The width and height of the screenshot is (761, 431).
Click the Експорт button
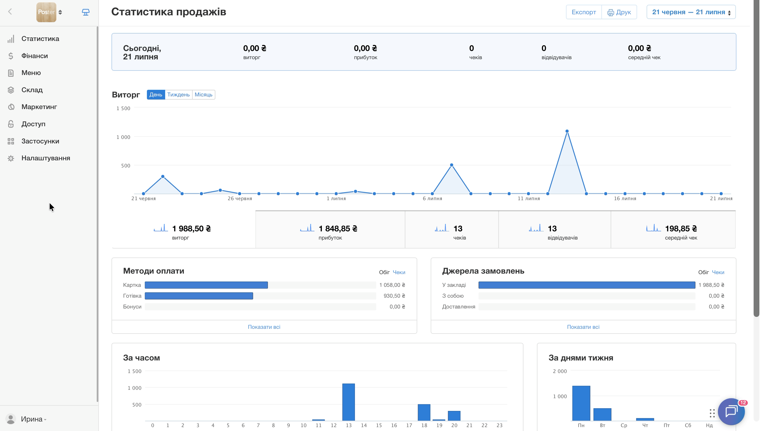coord(584,12)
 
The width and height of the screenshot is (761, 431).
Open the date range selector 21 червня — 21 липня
coord(691,12)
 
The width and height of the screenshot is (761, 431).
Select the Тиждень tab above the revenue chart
coord(178,95)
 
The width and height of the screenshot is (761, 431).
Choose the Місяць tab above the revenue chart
coord(203,95)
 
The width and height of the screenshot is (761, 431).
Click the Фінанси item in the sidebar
coord(34,56)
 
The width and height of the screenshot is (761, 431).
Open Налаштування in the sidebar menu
coord(46,158)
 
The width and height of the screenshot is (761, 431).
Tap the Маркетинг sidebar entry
coord(39,107)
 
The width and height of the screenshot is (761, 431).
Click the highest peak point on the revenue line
coord(567,131)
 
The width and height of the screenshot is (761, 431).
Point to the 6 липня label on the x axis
coord(432,199)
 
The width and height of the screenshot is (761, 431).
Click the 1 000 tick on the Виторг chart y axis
coord(123,137)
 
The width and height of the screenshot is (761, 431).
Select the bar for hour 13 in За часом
coord(349,402)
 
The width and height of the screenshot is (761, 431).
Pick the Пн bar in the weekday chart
coord(581,403)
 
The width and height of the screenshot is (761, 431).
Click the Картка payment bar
coord(206,285)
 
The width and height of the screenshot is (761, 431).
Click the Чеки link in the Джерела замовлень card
coord(718,272)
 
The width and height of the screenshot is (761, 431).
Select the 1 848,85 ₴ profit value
coord(338,228)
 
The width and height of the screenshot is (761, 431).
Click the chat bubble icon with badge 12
coord(731,411)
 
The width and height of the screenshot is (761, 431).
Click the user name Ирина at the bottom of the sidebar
coord(32,419)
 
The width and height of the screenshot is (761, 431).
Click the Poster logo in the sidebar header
coord(46,12)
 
